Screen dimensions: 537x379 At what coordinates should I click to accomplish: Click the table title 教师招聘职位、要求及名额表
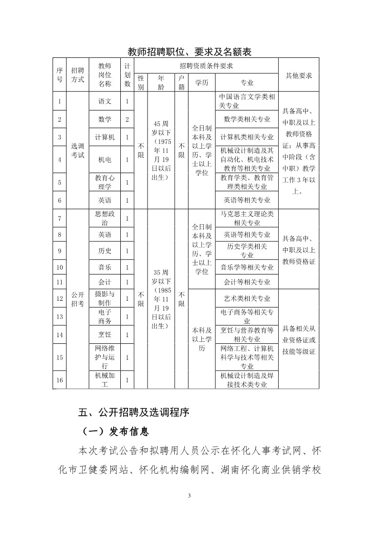(189, 52)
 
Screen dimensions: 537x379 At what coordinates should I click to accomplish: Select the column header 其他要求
(298, 76)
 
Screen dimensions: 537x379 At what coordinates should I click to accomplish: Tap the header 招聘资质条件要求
(206, 66)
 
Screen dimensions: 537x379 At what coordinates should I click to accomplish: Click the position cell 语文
(105, 101)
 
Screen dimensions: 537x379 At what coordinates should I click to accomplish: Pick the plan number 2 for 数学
(127, 119)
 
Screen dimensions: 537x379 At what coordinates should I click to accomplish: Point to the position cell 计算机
(105, 137)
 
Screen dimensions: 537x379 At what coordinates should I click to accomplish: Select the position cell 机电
(105, 160)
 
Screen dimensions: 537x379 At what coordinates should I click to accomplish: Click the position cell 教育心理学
(105, 182)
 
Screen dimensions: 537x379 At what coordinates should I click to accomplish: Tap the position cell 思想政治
(105, 218)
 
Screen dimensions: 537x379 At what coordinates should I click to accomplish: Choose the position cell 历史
(105, 251)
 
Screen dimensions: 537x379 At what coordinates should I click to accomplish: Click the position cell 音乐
(105, 267)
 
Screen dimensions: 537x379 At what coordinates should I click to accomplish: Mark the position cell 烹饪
(105, 335)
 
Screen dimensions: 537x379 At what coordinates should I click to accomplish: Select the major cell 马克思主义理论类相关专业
(247, 218)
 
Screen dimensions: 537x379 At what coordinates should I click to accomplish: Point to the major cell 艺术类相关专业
(247, 298)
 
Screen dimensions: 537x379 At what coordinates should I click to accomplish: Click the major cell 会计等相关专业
(247, 282)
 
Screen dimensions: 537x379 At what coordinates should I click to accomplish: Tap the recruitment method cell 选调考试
(77, 151)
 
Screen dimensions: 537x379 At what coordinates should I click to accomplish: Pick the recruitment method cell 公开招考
(77, 299)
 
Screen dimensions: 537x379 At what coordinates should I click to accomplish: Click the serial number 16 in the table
(60, 380)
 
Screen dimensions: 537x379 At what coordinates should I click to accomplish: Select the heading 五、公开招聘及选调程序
(134, 412)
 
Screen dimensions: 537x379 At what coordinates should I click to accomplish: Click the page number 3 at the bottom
(189, 495)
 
